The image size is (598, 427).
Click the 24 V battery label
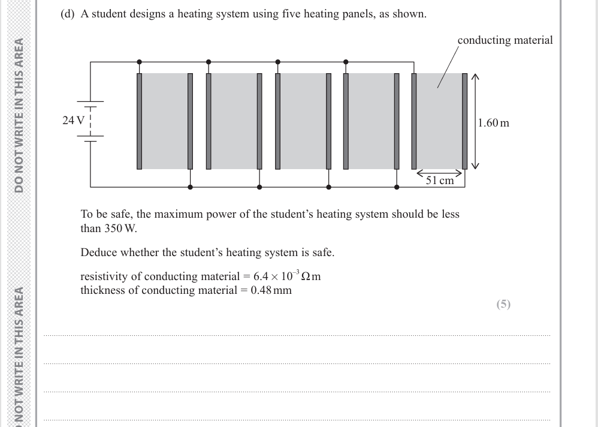coord(73,120)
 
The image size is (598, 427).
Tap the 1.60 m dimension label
coord(494,123)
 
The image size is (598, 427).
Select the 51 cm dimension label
coord(439,181)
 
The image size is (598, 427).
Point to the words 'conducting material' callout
coord(505,40)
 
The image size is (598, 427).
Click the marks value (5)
coord(503,304)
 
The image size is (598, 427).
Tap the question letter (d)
coord(68,14)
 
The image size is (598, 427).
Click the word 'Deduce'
coord(98,252)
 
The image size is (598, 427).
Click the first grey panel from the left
coord(165,121)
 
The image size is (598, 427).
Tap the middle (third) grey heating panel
coord(303,121)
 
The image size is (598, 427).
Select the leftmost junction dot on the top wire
coord(139,61)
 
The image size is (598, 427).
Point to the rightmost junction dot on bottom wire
coord(397,187)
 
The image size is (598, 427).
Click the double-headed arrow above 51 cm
coord(440,172)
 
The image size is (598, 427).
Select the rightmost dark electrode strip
coord(465,121)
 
